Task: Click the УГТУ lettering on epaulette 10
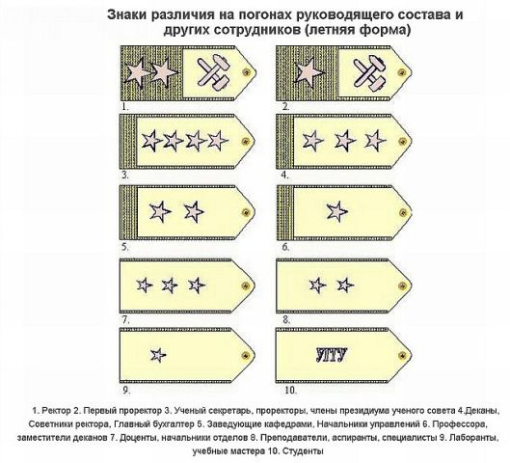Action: [332, 355]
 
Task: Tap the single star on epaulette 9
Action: [158, 355]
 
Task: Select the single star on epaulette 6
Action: [337, 211]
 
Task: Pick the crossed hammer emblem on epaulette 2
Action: [369, 72]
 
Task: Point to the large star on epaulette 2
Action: [309, 72]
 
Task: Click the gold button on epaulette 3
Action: [246, 141]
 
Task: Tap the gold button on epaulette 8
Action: [403, 286]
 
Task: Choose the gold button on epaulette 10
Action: [403, 355]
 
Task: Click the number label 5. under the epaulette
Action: [125, 247]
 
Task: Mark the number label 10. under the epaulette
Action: [291, 390]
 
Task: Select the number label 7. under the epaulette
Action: [125, 320]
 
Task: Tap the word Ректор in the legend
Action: [57, 411]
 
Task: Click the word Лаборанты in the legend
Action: [474, 438]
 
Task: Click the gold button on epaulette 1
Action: [246, 72]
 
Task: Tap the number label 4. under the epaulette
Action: [285, 175]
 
